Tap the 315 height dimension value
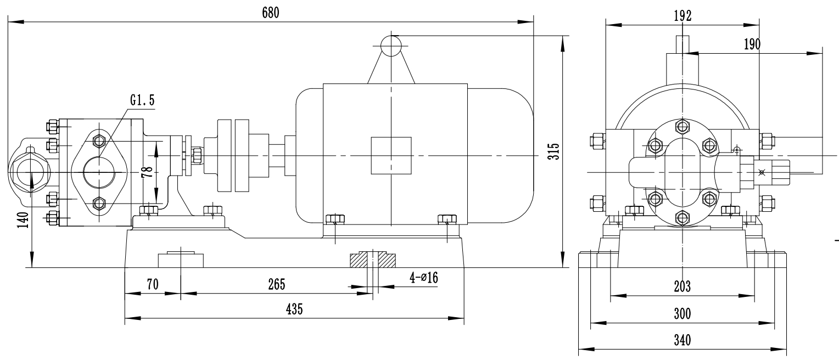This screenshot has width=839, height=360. [555, 151]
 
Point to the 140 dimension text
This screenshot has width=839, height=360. [23, 220]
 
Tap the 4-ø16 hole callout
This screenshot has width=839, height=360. [424, 278]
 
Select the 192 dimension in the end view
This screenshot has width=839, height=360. [683, 15]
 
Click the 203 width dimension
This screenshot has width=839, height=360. [682, 286]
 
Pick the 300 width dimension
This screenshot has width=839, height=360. [682, 313]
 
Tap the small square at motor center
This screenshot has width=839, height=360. [391, 156]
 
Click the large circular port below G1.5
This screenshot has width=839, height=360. [99, 172]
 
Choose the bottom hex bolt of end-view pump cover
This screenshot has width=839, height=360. [682, 218]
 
